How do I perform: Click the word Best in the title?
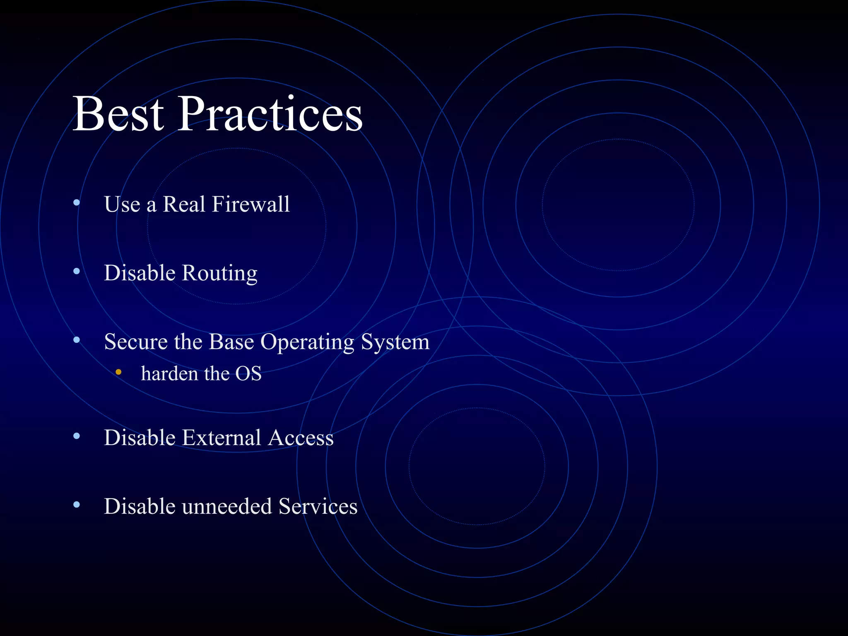[118, 114]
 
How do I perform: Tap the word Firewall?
[251, 205]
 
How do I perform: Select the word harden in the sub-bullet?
[169, 374]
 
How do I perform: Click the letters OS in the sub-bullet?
[248, 374]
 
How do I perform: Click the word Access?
[301, 438]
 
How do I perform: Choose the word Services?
[318, 507]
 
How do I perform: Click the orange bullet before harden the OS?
[118, 372]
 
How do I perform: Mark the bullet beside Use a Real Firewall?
[77, 202]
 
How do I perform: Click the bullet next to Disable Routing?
[77, 272]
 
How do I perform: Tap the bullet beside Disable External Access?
[77, 436]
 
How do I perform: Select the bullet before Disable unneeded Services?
[77, 505]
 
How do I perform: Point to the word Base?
[231, 342]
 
